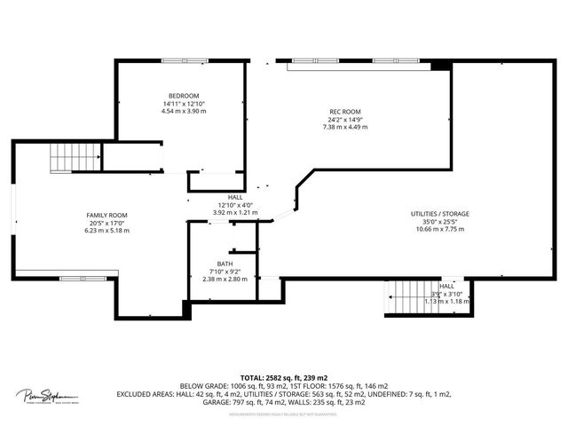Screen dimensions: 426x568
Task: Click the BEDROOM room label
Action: click(x=184, y=95)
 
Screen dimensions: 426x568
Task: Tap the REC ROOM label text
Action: click(x=344, y=111)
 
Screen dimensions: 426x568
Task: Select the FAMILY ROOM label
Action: click(x=106, y=215)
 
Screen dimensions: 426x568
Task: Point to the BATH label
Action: click(x=225, y=264)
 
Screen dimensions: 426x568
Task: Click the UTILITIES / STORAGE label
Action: click(x=440, y=214)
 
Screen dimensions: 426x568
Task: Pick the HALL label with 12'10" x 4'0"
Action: click(x=235, y=197)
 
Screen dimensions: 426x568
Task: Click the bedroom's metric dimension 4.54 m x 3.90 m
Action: click(x=184, y=111)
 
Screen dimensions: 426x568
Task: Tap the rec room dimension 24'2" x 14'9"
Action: click(x=344, y=119)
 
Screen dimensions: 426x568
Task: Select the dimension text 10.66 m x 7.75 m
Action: click(x=440, y=229)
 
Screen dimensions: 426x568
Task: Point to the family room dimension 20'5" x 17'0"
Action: click(x=106, y=223)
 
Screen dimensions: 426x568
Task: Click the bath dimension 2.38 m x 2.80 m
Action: click(x=225, y=279)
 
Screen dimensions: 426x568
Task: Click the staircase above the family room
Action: click(x=66, y=157)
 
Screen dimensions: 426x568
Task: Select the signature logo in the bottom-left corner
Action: click(x=45, y=396)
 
